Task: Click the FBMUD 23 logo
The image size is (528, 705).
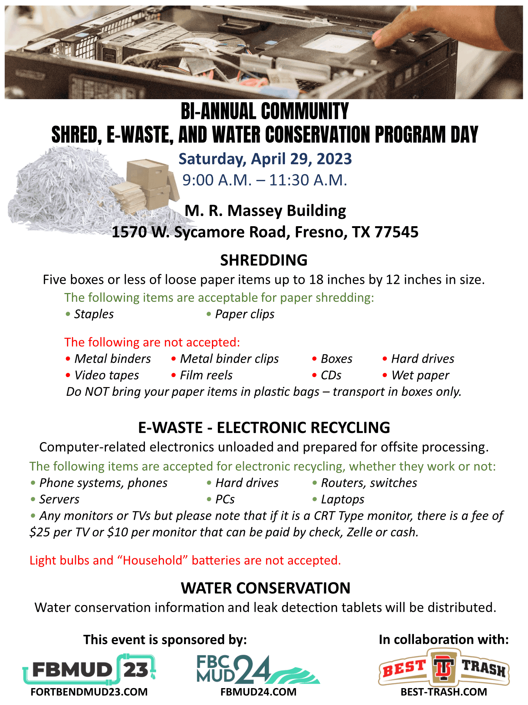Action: point(89,669)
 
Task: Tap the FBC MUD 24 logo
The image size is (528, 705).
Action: point(258,669)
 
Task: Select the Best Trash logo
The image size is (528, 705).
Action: point(444,668)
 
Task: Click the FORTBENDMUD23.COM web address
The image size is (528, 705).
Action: point(89,692)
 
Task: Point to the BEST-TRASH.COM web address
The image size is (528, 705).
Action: point(444,692)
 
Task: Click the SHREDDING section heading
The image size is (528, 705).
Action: point(264,260)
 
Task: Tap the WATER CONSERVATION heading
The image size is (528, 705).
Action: point(265,588)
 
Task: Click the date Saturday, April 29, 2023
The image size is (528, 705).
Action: point(265,159)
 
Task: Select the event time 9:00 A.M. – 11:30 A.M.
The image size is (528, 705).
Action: point(265,180)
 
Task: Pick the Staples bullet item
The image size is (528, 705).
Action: point(94,314)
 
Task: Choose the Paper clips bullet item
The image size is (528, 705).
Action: point(245,314)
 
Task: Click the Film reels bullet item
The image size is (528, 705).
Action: point(206,375)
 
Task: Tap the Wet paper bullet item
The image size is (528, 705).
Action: point(420,375)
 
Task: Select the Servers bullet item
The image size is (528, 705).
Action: point(59,499)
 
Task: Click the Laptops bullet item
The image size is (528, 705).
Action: point(342,499)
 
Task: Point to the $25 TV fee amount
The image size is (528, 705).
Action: point(37,532)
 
